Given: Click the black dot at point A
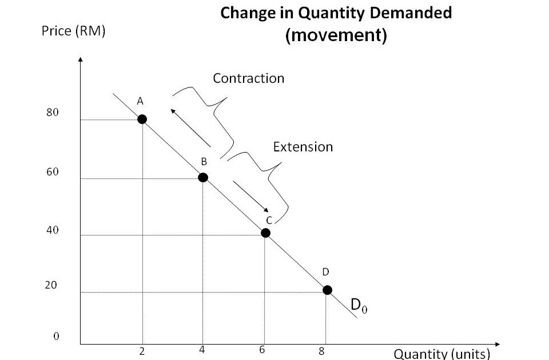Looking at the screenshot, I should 142,119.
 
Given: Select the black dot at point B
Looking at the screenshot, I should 203,177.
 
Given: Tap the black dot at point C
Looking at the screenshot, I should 265,233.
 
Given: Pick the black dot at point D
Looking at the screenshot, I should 327,290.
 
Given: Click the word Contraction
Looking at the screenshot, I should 248,78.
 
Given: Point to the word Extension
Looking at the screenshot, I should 303,147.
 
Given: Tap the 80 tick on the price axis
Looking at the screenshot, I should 53,113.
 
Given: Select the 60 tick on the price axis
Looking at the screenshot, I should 53,172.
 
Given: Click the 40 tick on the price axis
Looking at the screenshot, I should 53,230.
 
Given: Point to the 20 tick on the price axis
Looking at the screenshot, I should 51,285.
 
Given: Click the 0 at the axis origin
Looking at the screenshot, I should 56,336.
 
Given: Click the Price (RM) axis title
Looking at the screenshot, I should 73,31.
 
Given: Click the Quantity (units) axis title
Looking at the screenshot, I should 442,353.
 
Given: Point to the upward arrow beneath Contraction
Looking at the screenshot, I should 190,127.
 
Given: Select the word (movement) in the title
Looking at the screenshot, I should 336,35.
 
